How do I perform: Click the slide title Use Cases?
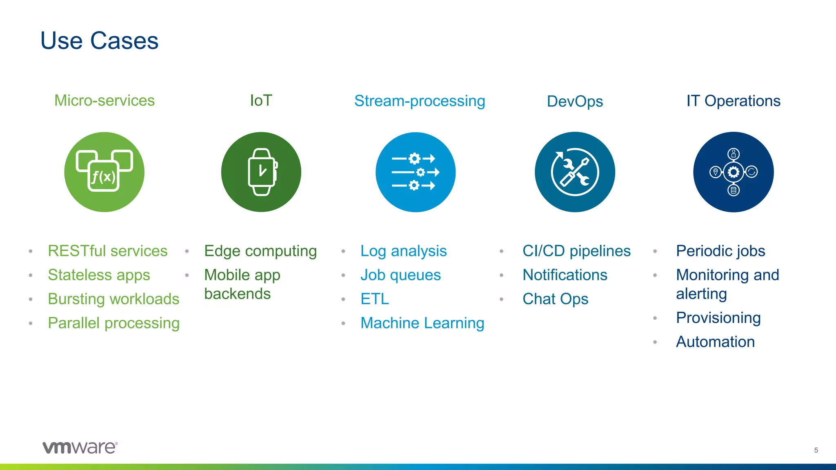point(99,41)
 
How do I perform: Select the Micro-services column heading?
point(104,101)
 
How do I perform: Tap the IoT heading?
point(261,101)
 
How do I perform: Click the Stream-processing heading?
point(420,101)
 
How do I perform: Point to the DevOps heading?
point(575,102)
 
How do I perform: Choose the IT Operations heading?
point(733,101)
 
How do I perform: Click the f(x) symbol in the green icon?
point(103,177)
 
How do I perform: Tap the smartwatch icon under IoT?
point(262,172)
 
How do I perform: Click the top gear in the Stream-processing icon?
point(414,158)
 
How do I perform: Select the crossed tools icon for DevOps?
point(575,172)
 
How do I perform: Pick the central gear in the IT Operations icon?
point(734,172)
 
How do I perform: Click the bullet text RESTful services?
point(107,251)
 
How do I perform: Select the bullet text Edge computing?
point(260,251)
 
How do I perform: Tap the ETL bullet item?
point(374,299)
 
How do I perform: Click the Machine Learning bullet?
point(422,323)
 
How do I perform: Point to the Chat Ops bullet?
point(555,299)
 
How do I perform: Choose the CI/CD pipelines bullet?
point(576,251)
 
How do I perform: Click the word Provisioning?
point(718,318)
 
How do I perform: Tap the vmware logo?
point(80,448)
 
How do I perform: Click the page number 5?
point(816,450)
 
